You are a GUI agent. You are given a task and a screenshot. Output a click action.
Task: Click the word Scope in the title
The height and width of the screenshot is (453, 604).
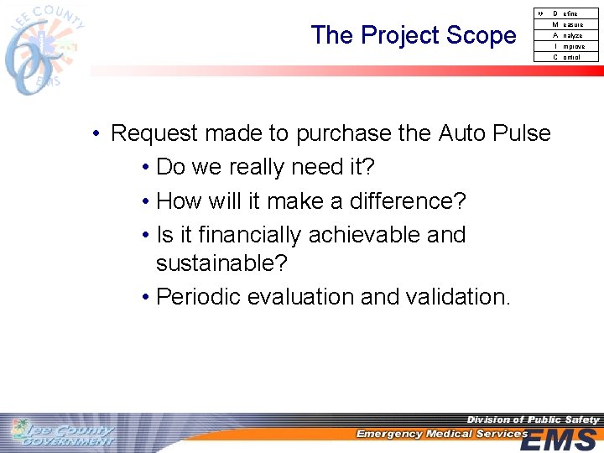click(x=482, y=35)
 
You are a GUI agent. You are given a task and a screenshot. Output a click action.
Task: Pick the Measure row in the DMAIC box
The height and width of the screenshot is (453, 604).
click(x=567, y=24)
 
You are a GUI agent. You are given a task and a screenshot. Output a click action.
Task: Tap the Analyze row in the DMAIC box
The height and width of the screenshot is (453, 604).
click(x=567, y=35)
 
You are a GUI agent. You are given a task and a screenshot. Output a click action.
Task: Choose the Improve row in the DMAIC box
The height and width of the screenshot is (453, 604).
click(x=567, y=46)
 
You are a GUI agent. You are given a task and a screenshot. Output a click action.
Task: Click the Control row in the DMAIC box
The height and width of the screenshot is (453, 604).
click(x=567, y=57)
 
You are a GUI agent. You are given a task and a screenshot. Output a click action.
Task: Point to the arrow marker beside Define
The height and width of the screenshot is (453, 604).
click(x=539, y=13)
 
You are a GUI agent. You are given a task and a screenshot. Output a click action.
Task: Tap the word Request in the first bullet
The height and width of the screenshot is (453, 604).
click(x=154, y=133)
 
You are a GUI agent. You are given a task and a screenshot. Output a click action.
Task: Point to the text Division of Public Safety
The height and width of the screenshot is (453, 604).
click(x=533, y=419)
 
